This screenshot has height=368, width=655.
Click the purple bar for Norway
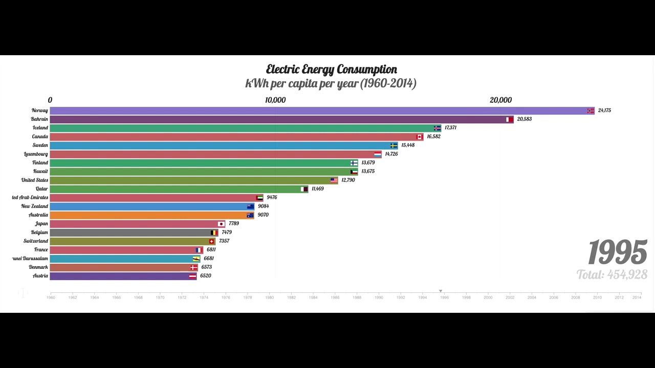click(317, 110)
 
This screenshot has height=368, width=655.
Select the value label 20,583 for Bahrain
click(524, 119)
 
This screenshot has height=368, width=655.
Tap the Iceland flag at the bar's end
click(437, 128)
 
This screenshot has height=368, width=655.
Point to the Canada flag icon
click(420, 137)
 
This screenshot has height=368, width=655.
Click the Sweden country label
click(40, 145)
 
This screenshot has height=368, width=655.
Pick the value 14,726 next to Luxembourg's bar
click(391, 154)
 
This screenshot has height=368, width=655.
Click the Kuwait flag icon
click(354, 172)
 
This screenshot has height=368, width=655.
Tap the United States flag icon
click(334, 180)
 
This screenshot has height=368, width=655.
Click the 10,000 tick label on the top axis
click(275, 100)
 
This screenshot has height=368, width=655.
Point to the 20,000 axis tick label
click(500, 100)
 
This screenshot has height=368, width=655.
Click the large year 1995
click(617, 252)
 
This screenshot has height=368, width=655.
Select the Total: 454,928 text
click(612, 275)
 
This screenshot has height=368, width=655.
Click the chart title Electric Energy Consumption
click(331, 70)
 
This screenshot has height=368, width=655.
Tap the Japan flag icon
click(221, 224)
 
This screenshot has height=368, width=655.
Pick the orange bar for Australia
click(148, 215)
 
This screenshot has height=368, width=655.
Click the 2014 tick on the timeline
click(637, 297)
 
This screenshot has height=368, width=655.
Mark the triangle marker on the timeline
click(441, 291)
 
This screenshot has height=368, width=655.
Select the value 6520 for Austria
click(205, 276)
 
